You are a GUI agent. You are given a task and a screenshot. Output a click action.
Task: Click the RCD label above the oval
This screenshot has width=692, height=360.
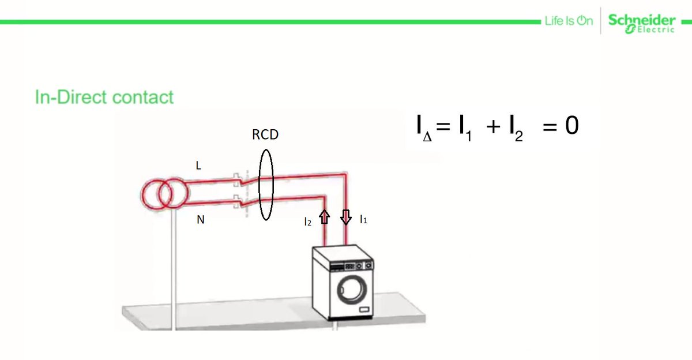(265, 135)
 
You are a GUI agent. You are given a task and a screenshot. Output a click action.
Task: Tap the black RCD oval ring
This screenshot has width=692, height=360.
(258, 185)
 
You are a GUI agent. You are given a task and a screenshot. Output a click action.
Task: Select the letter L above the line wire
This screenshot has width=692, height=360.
(199, 166)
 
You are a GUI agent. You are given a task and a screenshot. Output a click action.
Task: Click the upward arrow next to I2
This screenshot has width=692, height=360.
(324, 217)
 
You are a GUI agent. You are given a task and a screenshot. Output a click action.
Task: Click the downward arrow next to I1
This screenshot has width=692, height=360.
(345, 217)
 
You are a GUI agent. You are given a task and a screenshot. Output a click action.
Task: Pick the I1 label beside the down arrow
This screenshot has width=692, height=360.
(363, 219)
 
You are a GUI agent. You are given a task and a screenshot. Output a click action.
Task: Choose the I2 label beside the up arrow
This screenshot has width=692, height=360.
(308, 220)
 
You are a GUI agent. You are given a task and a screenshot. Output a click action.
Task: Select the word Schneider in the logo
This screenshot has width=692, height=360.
(641, 20)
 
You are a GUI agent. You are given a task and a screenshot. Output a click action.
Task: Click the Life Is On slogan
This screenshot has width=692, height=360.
(568, 21)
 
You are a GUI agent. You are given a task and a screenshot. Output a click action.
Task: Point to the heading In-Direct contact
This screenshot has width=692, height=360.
(104, 97)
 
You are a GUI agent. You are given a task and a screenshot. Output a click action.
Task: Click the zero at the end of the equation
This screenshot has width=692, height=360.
(571, 126)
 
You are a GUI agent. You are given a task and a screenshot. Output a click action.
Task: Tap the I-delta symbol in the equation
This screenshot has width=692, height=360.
(423, 128)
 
